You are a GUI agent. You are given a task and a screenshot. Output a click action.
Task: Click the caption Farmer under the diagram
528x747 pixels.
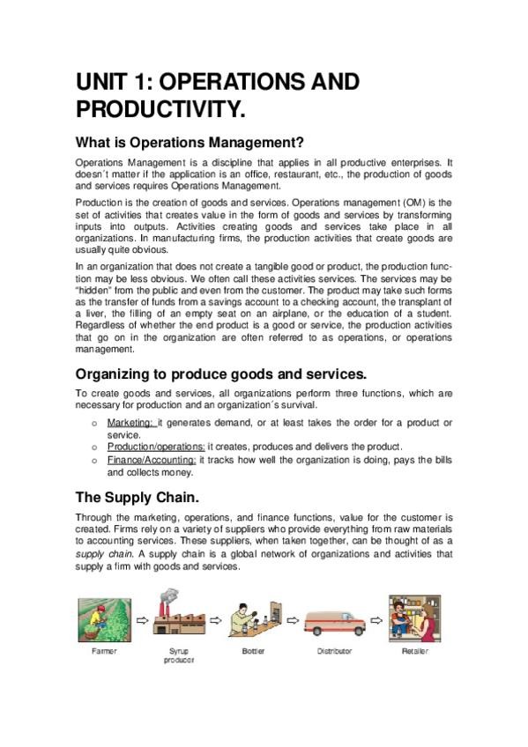(x=104, y=652)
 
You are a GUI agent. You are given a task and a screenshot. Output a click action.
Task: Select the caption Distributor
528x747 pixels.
(x=334, y=652)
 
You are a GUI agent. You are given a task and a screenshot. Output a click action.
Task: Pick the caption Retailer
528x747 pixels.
(x=415, y=652)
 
